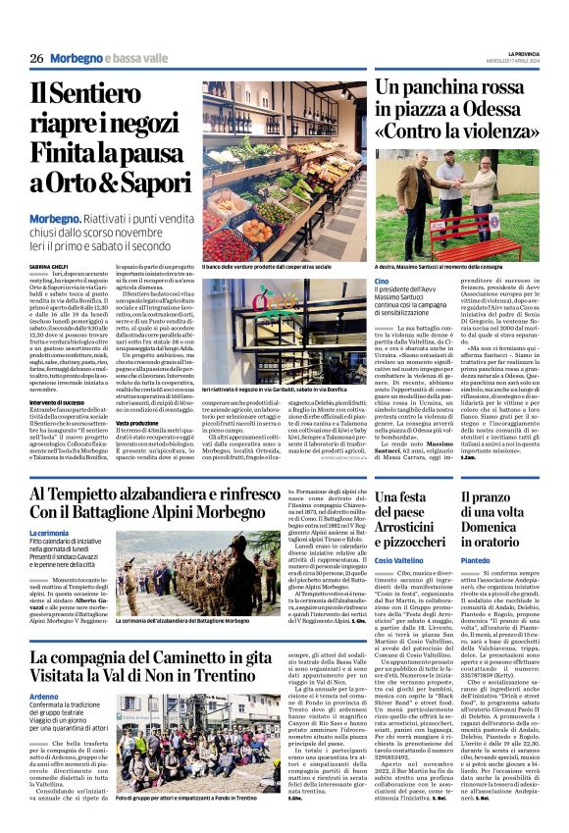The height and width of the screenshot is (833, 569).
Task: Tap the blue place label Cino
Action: pyautogui.click(x=383, y=282)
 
